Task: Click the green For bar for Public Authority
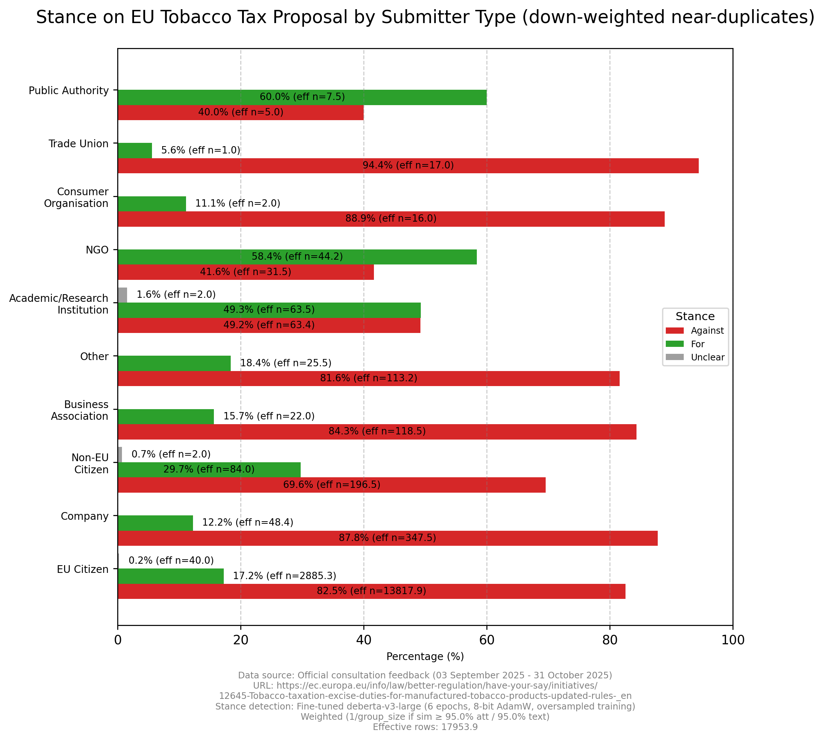click(302, 97)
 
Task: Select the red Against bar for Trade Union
click(408, 166)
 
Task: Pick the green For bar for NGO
click(297, 257)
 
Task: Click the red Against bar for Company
click(387, 538)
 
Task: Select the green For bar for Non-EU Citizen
click(209, 470)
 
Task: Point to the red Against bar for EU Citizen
click(371, 591)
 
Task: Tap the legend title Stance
click(695, 316)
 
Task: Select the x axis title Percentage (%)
click(425, 657)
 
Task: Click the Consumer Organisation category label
click(77, 197)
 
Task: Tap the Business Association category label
click(80, 410)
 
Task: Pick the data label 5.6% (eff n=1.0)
click(201, 150)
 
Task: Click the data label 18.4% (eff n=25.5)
click(286, 363)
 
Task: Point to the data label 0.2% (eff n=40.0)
click(171, 561)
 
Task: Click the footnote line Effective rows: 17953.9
click(425, 727)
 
